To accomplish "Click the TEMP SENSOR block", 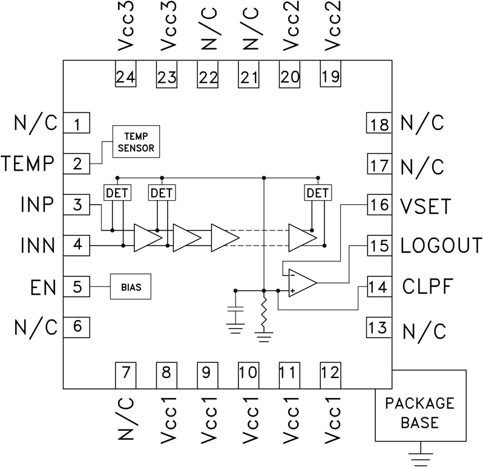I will pos(136,142).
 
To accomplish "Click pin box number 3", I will pos(77,204).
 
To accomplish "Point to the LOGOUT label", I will pos(441,246).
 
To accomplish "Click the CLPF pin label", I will pos(427,286).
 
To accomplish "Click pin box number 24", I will pos(125,77).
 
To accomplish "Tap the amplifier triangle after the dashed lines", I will pos(301,238).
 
